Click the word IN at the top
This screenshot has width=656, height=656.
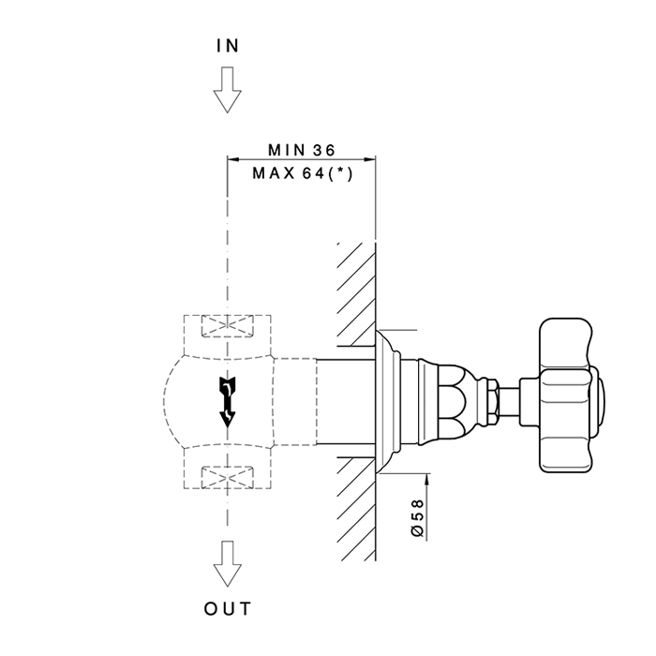[227, 45]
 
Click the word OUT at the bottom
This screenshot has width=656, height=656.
[227, 609]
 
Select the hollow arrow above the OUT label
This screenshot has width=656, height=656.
[227, 563]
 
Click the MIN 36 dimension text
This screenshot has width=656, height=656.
[301, 149]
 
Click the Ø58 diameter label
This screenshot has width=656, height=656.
[418, 516]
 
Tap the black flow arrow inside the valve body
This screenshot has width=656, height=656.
[226, 401]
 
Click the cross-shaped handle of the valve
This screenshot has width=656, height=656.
[566, 395]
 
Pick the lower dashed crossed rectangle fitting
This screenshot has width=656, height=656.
[227, 477]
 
